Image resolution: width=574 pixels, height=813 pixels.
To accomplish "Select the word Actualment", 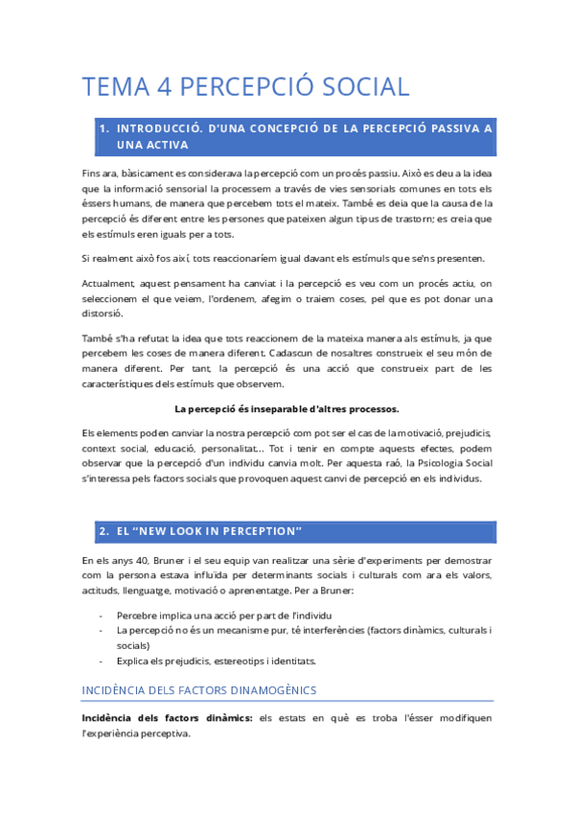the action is tap(109, 284).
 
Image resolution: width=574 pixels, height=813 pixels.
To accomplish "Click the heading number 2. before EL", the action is tap(104, 531).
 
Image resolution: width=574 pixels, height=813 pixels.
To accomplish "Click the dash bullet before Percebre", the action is tap(102, 615).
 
